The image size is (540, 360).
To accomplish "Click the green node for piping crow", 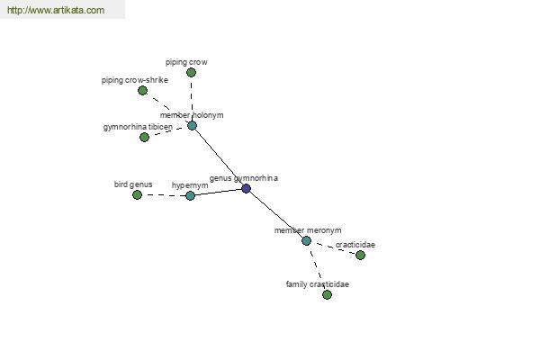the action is [x=191, y=72].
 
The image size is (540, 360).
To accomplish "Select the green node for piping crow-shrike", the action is [x=142, y=91].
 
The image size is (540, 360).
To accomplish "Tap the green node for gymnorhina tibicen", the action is [x=144, y=137].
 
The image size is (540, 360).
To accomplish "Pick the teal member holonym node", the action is [x=193, y=125].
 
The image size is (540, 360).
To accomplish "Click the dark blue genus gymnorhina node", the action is [x=246, y=188].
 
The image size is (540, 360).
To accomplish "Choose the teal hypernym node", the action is [x=190, y=195].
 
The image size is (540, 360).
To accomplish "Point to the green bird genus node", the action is [x=137, y=195].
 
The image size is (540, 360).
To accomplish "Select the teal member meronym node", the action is [x=306, y=241].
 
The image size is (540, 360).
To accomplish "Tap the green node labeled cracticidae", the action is [x=360, y=255].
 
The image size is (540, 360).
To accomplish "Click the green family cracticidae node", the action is [x=327, y=294].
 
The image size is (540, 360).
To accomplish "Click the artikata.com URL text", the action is [x=56, y=10].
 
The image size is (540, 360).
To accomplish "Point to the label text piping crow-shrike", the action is [x=135, y=80].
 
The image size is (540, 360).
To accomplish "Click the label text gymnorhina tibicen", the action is [x=138, y=127].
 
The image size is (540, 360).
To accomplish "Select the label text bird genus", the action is [x=133, y=184].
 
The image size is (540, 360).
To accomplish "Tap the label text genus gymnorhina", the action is [x=244, y=178].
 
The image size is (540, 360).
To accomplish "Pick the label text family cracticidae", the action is [x=317, y=284].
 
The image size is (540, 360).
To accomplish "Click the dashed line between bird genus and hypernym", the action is [x=164, y=195].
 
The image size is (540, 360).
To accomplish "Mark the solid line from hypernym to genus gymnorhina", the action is [x=218, y=193].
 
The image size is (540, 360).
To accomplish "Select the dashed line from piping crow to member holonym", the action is [x=192, y=99].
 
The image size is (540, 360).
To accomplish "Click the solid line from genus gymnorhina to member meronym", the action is [x=276, y=214].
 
